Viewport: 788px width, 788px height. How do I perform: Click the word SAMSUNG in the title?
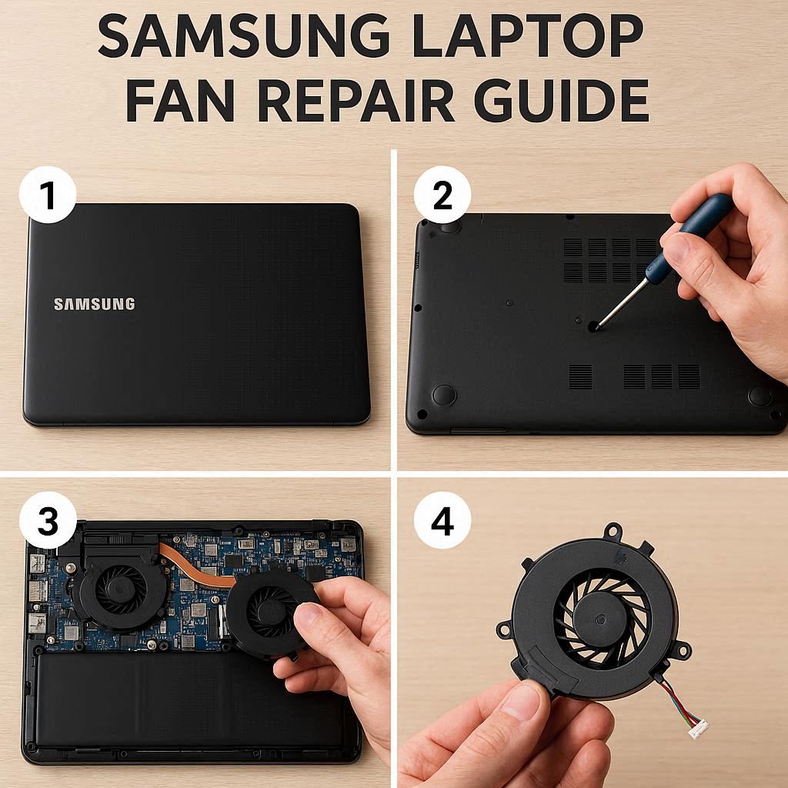pyautogui.click(x=244, y=35)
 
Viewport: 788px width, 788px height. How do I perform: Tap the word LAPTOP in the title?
pyautogui.click(x=528, y=35)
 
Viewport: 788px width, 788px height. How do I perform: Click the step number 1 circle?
pyautogui.click(x=48, y=195)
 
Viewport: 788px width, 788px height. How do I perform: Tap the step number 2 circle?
pyautogui.click(x=442, y=195)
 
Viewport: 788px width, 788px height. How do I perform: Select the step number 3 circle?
pyautogui.click(x=48, y=520)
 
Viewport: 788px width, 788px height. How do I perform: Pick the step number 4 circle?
pyautogui.click(x=442, y=520)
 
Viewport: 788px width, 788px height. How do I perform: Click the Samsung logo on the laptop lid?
pyautogui.click(x=95, y=304)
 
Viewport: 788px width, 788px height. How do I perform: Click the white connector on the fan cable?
pyautogui.click(x=698, y=728)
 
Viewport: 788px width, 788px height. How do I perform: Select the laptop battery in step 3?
pyautogui.click(x=186, y=701)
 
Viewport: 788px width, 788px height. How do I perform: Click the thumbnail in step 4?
pyautogui.click(x=520, y=701)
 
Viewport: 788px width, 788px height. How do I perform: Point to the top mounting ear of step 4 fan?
pyautogui.click(x=613, y=531)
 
